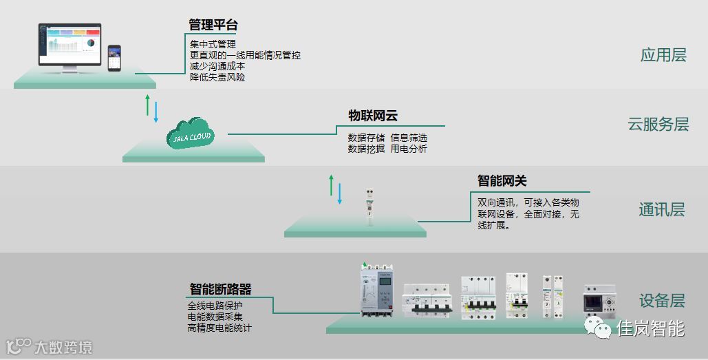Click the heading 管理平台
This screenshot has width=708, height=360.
pos(213,25)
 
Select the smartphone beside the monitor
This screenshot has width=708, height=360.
pos(114,58)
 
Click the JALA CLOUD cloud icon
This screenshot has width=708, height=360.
pos(191,134)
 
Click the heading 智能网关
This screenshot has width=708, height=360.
pos(502,180)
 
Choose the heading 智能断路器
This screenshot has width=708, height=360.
pos(220,288)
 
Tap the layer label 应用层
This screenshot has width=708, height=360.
pos(663,55)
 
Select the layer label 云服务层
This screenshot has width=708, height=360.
pos(658,125)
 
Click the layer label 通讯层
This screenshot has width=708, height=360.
pos(661,210)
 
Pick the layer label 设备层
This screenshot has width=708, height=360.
pos(662,300)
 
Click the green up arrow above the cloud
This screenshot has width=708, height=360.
pos(147,105)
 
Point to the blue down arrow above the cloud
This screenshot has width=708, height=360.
pos(156,112)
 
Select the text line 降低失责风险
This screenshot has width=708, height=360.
pos(217,77)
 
